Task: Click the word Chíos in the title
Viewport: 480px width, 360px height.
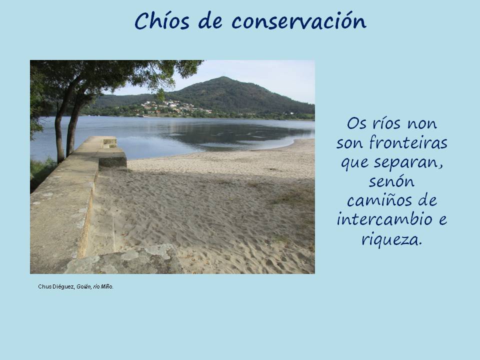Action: tap(162, 21)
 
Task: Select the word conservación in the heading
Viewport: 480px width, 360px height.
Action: tap(299, 21)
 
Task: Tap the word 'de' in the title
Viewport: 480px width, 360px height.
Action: tap(210, 21)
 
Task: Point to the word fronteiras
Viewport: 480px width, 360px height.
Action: tap(408, 142)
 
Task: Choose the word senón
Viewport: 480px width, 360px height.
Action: tap(391, 181)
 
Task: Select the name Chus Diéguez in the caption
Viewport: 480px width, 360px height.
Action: tap(56, 287)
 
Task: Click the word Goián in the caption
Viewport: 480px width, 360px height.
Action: tap(83, 287)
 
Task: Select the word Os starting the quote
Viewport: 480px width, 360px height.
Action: tap(357, 123)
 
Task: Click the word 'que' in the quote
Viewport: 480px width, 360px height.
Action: tap(354, 163)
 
